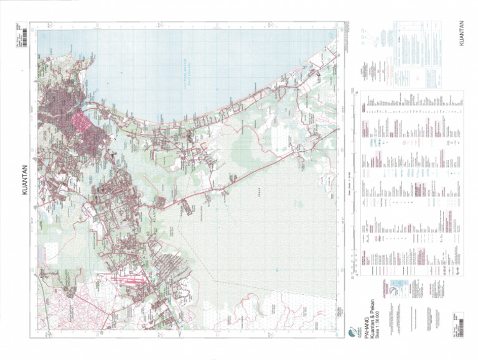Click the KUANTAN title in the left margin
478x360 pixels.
pyautogui.click(x=25, y=180)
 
